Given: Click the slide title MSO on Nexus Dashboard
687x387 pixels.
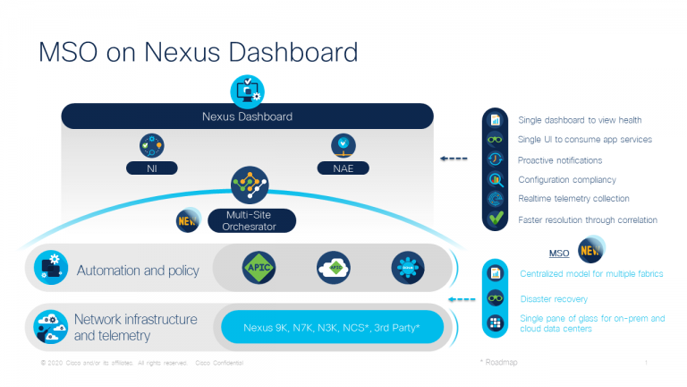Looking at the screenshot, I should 198,51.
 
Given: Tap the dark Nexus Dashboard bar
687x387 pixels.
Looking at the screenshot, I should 247,116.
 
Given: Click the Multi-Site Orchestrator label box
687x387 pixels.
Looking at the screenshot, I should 249,220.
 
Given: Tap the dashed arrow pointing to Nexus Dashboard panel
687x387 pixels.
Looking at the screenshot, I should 454,159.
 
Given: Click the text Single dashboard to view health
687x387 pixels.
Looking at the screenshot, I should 580,120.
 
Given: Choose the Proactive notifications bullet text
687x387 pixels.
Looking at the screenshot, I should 560,159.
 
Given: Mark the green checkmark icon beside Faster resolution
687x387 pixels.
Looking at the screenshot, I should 494,219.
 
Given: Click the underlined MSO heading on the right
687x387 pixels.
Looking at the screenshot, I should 559,253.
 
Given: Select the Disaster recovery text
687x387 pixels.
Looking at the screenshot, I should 555,298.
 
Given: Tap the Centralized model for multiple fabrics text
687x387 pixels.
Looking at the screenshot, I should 591,273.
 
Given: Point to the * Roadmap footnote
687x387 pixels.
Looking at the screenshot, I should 499,362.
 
